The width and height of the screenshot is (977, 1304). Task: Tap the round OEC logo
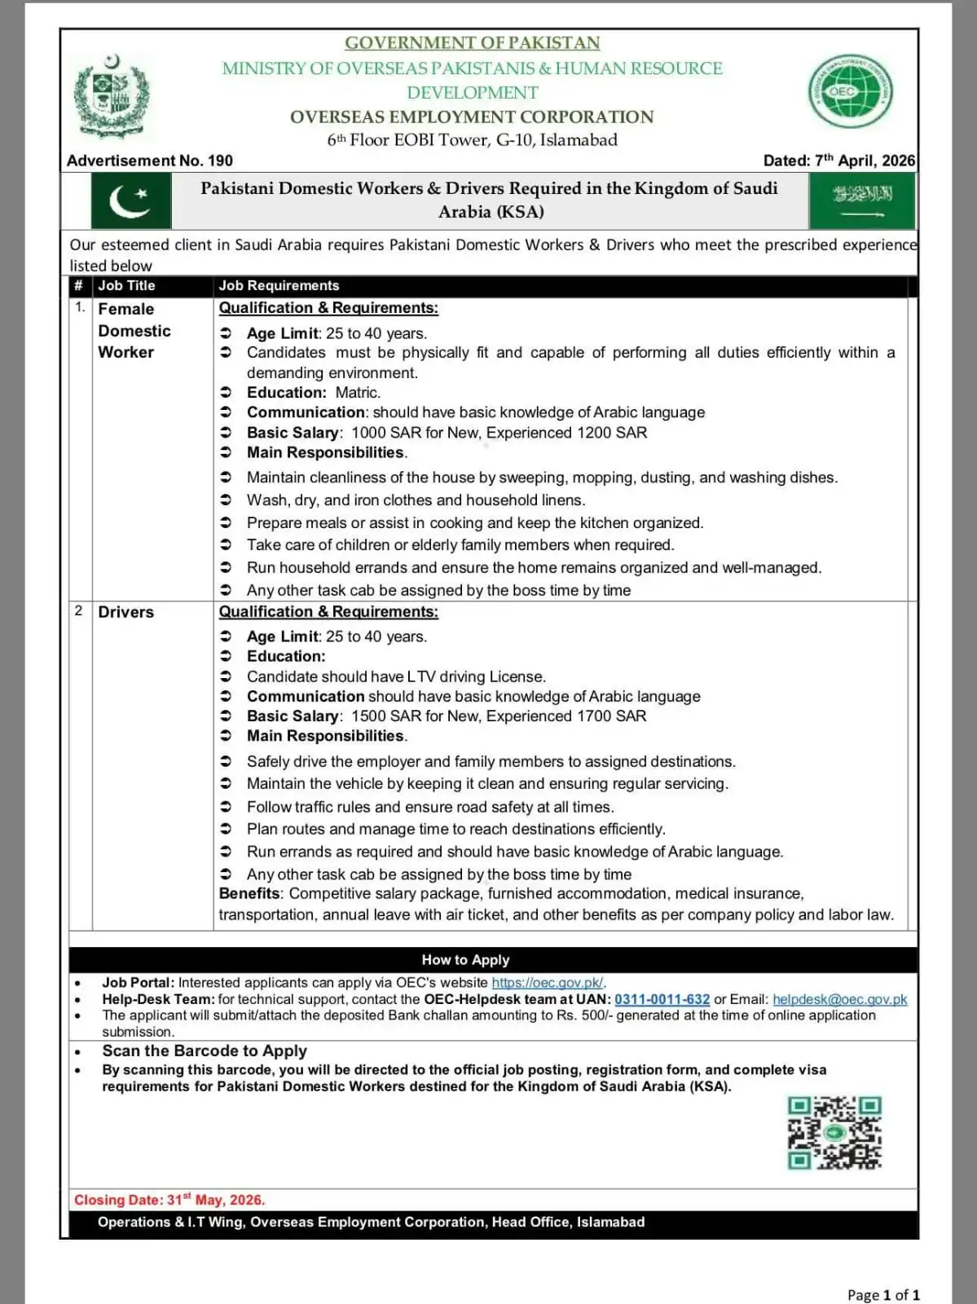point(849,92)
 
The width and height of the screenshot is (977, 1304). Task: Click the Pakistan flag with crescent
point(130,201)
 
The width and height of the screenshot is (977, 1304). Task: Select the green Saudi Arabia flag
point(862,201)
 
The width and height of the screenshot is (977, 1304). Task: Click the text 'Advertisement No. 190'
point(150,161)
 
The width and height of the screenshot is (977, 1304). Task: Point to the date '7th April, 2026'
point(864,161)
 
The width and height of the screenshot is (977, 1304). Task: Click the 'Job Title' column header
point(126,286)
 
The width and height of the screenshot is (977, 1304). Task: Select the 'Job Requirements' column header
point(279,286)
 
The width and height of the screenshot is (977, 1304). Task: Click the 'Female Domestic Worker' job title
point(134,331)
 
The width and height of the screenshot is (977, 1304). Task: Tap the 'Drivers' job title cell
point(125,612)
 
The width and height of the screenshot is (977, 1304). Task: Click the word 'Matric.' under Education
point(358,393)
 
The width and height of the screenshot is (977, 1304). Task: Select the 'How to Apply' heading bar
point(465,960)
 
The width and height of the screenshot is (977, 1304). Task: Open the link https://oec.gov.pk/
point(547,983)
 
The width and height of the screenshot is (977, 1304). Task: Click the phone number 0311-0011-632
point(662,999)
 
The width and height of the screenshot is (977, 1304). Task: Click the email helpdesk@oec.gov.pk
point(839,999)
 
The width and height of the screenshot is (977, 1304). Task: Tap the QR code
point(834,1133)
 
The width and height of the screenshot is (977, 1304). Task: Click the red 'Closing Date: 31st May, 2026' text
point(169,1200)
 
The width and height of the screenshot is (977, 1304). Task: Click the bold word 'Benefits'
point(249,894)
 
